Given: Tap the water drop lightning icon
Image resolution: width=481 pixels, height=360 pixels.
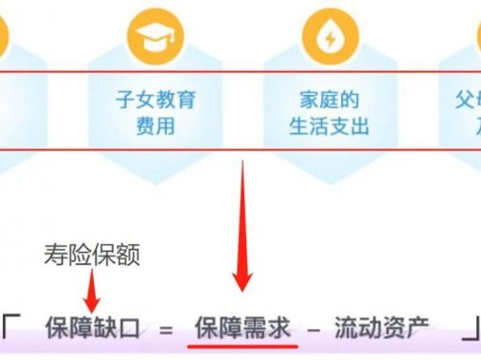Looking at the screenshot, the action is point(328,37).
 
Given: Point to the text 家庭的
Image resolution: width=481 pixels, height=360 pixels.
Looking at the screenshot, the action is point(328,100).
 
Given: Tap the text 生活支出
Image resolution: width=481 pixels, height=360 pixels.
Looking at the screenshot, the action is point(328,125).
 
